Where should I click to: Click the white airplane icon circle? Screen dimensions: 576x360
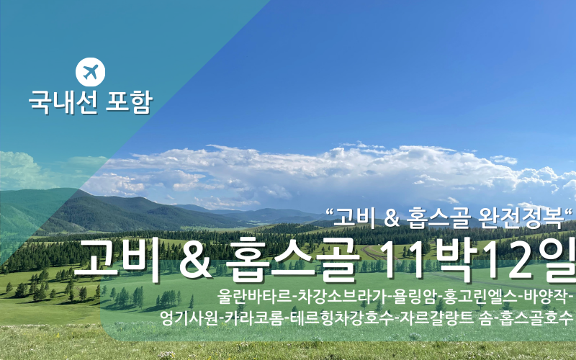(91, 72)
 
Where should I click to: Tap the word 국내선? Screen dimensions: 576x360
(63, 102)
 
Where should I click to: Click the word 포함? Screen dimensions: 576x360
(129, 102)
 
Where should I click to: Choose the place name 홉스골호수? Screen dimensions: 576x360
(536, 318)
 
